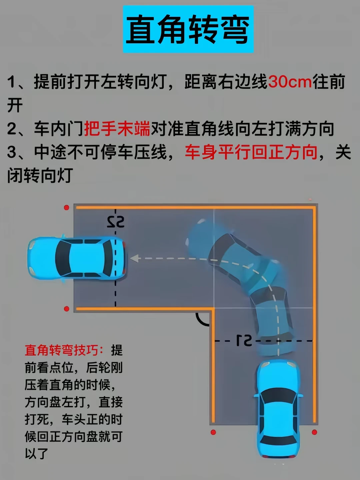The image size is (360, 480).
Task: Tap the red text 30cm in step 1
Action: tap(290, 82)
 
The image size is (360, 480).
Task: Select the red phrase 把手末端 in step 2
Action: tap(117, 129)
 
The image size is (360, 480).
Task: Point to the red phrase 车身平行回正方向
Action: tap(251, 152)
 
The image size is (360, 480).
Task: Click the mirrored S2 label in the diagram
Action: tap(116, 222)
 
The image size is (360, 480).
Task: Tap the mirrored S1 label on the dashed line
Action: tap(244, 340)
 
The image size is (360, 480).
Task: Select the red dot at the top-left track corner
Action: tap(66, 208)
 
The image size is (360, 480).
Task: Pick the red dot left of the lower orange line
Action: tap(66, 309)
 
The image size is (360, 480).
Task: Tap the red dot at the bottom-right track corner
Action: tap(315, 432)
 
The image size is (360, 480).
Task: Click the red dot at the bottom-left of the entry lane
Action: tap(213, 432)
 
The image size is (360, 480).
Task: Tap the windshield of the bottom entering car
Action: tap(278, 395)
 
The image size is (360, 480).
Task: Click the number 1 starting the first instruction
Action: tap(11, 82)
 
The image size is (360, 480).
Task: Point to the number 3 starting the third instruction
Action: tap(11, 152)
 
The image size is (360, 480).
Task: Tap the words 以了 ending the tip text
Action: tap(37, 454)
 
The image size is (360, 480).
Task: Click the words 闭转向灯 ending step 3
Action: tap(40, 175)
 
